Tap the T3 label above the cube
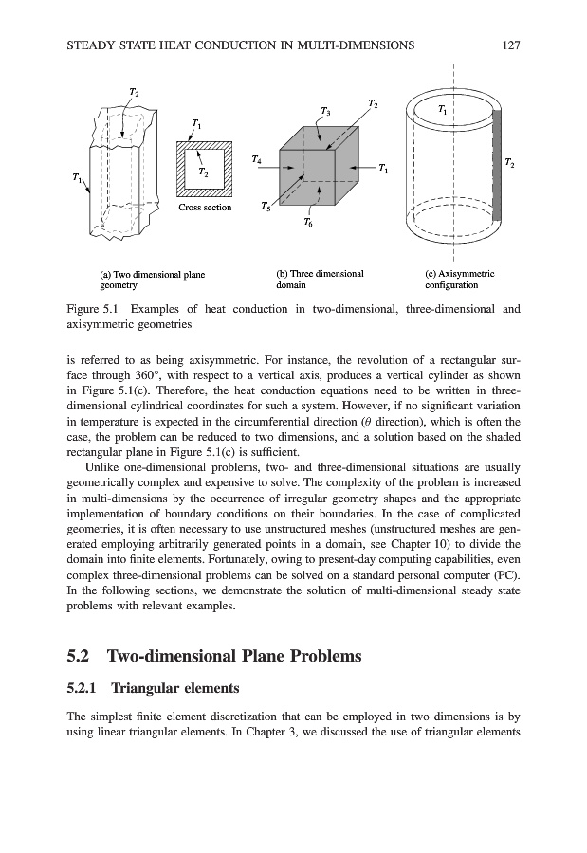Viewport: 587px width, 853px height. [x=325, y=112]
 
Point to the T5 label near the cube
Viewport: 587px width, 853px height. [x=266, y=206]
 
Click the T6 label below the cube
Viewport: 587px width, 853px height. [x=309, y=223]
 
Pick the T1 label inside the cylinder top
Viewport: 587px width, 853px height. [x=444, y=111]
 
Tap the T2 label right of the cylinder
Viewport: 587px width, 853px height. [x=510, y=163]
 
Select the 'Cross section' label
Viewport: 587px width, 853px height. [x=205, y=207]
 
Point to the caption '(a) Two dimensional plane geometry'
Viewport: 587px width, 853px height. [x=152, y=279]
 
